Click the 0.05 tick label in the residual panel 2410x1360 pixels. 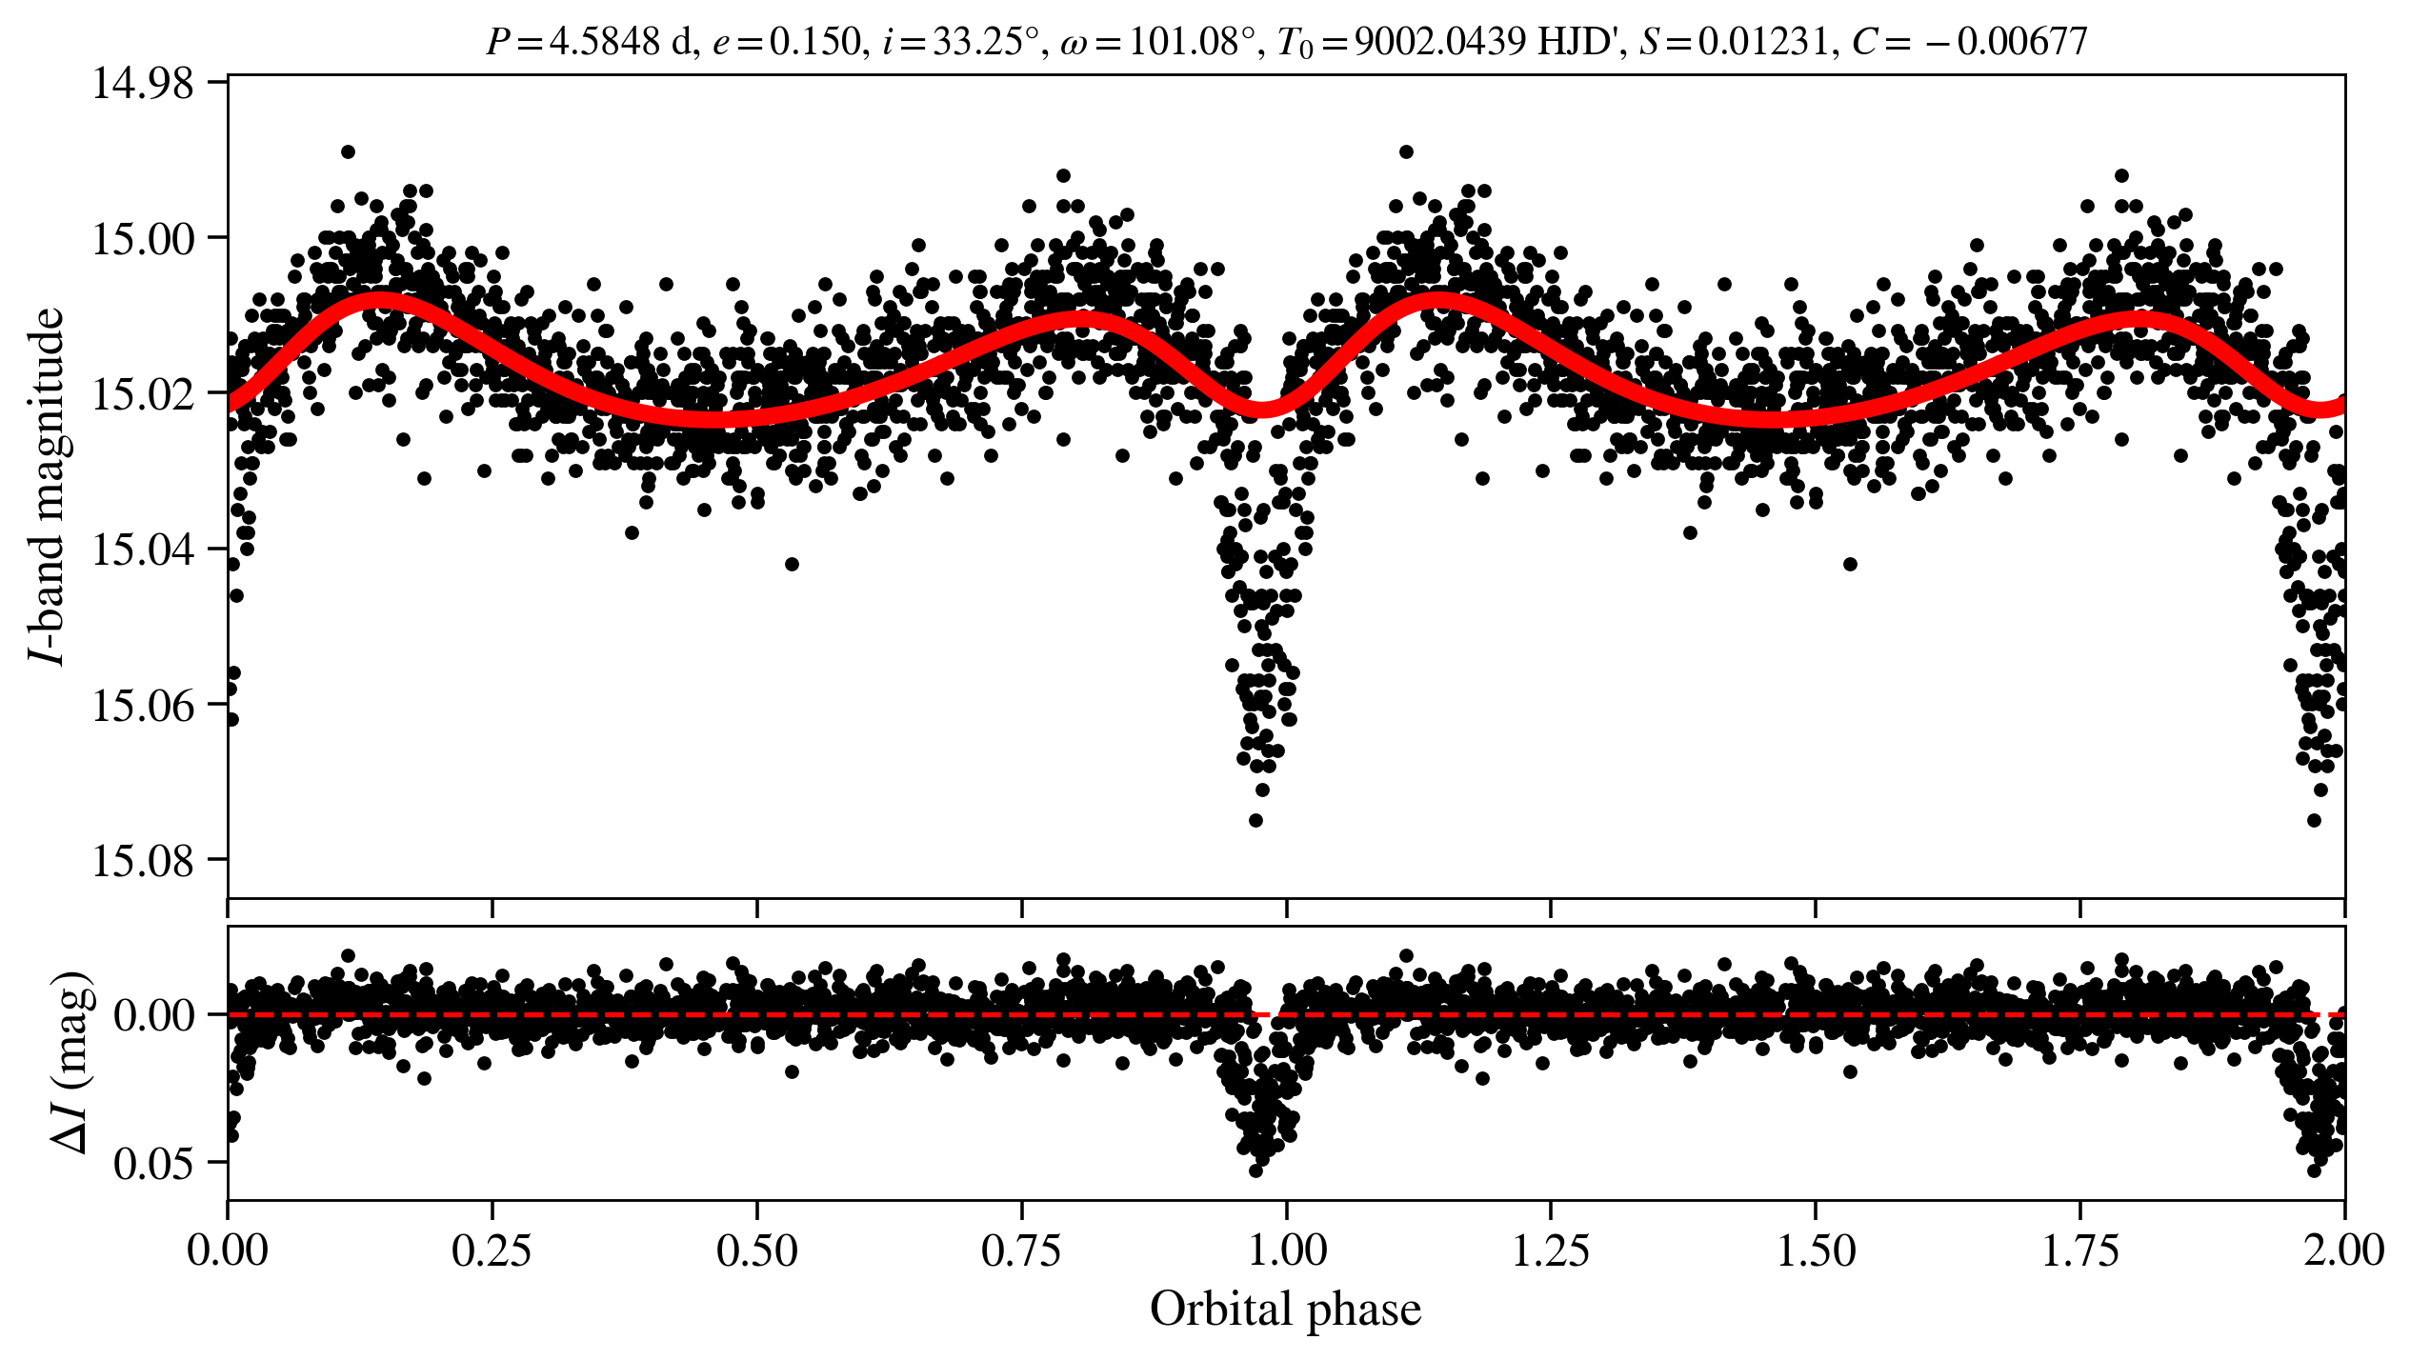click(x=153, y=1164)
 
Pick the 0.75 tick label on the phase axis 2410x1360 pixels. click(x=1021, y=1250)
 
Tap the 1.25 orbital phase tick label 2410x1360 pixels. click(x=1551, y=1250)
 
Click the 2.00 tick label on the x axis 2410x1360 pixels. click(x=2344, y=1250)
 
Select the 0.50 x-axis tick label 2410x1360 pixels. click(x=756, y=1250)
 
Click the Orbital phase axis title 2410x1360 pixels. click(x=1285, y=1310)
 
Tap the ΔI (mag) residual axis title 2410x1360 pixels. click(x=71, y=1063)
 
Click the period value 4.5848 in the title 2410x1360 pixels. click(x=605, y=42)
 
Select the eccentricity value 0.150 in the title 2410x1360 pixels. click(x=814, y=42)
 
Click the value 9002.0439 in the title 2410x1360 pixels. click(x=1441, y=42)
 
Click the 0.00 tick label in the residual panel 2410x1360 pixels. click(x=153, y=1016)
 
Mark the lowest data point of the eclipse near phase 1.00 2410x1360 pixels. click(x=1255, y=820)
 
